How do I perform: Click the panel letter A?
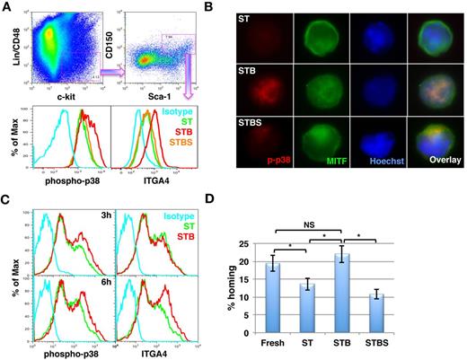click(x=7, y=8)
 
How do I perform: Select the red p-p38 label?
click(x=266, y=166)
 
